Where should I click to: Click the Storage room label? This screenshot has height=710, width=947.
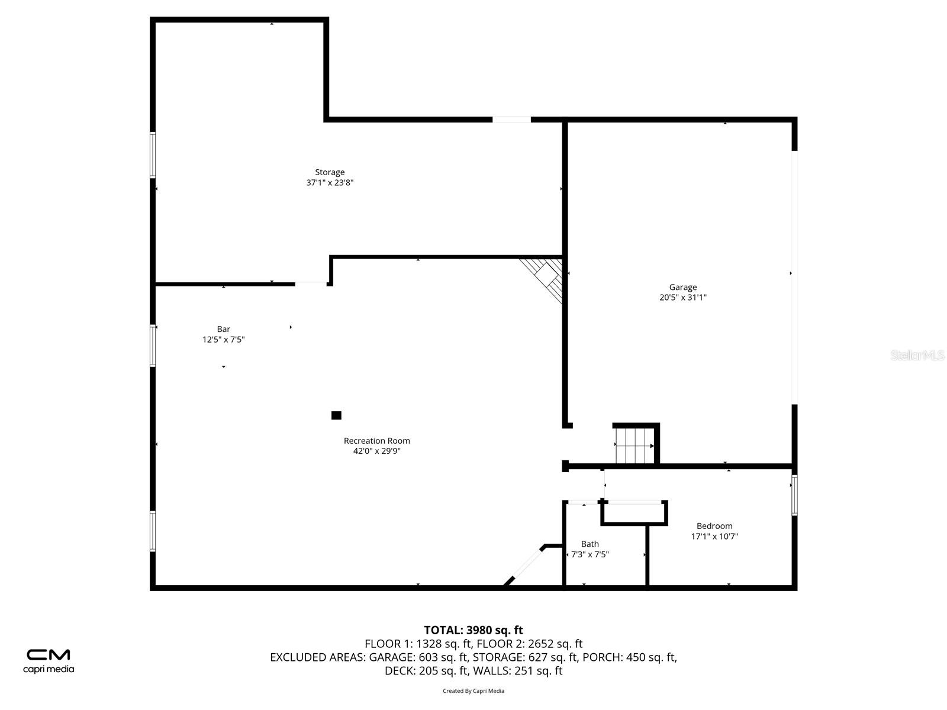point(330,172)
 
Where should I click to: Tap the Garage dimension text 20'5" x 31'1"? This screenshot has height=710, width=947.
point(683,298)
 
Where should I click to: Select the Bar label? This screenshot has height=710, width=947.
point(223,329)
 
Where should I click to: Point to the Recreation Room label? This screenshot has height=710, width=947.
point(376,441)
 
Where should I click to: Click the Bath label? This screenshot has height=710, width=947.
point(590,544)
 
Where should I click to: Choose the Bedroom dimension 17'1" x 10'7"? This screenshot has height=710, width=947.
point(714,537)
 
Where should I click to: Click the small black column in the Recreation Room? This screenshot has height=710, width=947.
point(336,415)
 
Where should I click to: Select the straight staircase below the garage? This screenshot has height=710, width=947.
point(634,446)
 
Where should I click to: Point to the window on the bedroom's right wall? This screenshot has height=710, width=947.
point(794,495)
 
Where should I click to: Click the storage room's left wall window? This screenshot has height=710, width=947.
point(153,155)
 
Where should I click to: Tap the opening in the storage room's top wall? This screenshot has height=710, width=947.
point(511,120)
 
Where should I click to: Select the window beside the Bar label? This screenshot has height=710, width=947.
point(153,346)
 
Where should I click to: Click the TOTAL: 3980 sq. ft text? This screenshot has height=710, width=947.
point(473,630)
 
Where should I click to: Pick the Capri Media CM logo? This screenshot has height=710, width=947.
point(49,660)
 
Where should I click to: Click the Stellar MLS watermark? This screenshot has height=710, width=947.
point(917,355)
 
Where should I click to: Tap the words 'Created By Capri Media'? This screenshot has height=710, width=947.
point(473,690)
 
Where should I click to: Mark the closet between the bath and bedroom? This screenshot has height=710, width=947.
point(634,512)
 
